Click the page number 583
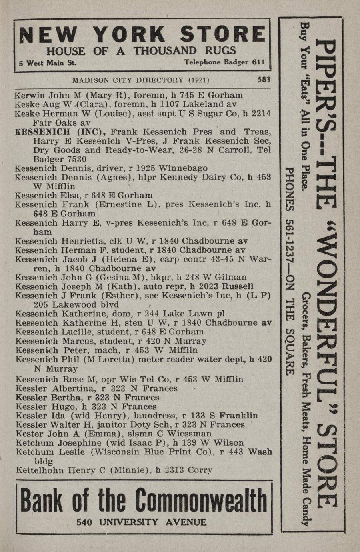pos(264,79)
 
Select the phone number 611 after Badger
pos(258,62)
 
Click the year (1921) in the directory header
pos(199,80)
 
